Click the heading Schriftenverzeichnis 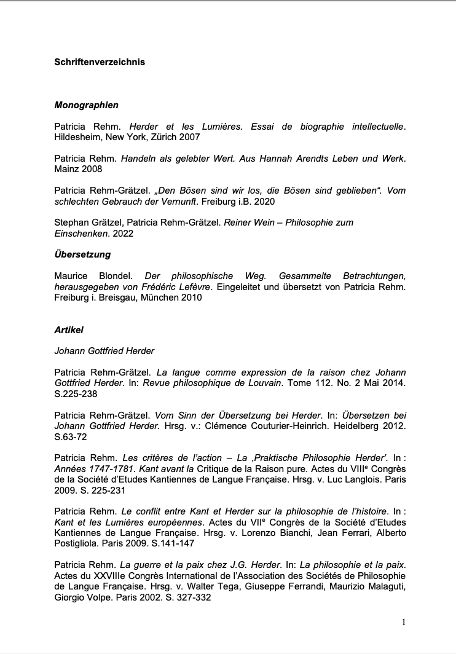tap(100, 62)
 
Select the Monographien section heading tap(86, 105)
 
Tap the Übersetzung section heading tap(82, 254)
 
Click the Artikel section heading tap(68, 330)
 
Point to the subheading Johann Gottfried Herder tap(104, 351)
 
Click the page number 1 tap(403, 622)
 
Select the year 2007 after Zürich tap(189, 136)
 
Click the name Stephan tap(71, 222)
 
